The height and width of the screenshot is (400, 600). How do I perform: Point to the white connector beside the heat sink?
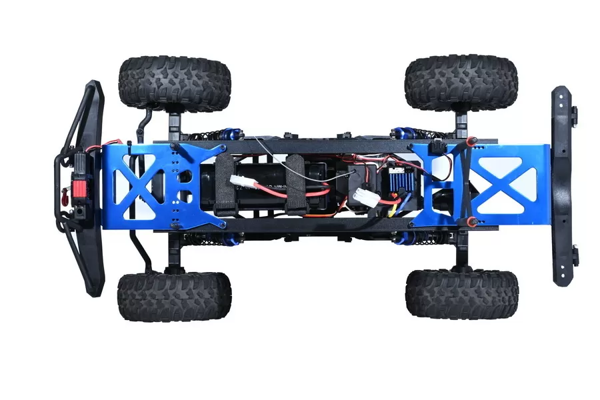pos(365,196)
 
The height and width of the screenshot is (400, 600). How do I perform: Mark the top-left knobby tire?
pos(175,83)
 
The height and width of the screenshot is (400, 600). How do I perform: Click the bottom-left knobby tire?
pos(175,296)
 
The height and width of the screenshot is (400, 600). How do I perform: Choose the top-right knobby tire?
pos(461,83)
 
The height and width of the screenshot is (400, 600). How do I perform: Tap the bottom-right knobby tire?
pos(461,294)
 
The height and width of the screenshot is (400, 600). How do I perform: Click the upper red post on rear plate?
pos(470,141)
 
